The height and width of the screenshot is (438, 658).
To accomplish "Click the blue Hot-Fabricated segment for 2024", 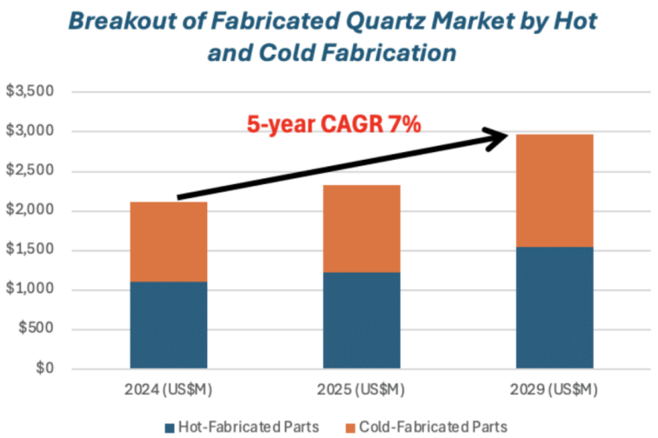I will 168,324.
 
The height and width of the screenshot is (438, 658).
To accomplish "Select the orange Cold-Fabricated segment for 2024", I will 168,242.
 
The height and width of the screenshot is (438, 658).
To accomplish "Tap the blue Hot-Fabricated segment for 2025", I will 361,320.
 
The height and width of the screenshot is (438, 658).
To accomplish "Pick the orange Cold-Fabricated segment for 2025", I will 361,229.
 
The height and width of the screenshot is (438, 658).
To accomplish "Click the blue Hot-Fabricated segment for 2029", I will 554,308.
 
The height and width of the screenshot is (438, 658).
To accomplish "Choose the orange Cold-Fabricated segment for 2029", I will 554,190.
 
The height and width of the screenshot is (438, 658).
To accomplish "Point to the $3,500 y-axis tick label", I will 30,92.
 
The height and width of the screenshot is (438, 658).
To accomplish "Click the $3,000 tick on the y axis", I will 30,132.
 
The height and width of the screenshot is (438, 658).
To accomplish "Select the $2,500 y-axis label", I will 30,171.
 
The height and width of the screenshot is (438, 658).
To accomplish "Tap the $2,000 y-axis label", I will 30,211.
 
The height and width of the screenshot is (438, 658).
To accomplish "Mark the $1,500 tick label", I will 30,251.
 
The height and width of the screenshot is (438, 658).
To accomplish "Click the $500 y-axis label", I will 36,330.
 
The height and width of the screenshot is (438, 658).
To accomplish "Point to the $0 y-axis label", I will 44,369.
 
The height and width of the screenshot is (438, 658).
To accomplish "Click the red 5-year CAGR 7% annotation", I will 334,125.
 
